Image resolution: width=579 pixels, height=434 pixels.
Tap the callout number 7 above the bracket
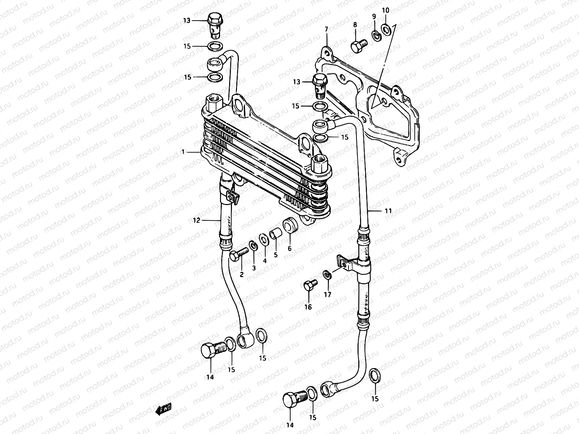(326, 29)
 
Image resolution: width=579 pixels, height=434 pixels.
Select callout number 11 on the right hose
(388, 211)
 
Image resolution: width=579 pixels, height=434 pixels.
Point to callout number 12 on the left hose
(196, 220)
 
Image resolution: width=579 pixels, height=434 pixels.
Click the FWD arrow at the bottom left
(163, 409)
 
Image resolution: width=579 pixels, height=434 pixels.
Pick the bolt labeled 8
(358, 46)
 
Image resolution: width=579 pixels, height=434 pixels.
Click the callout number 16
(308, 307)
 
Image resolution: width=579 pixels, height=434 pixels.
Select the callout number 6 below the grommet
(289, 248)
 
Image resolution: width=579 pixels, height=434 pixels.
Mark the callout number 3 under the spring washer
(254, 268)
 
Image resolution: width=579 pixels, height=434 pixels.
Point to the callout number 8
(355, 25)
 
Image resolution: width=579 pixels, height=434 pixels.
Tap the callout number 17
(327, 295)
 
